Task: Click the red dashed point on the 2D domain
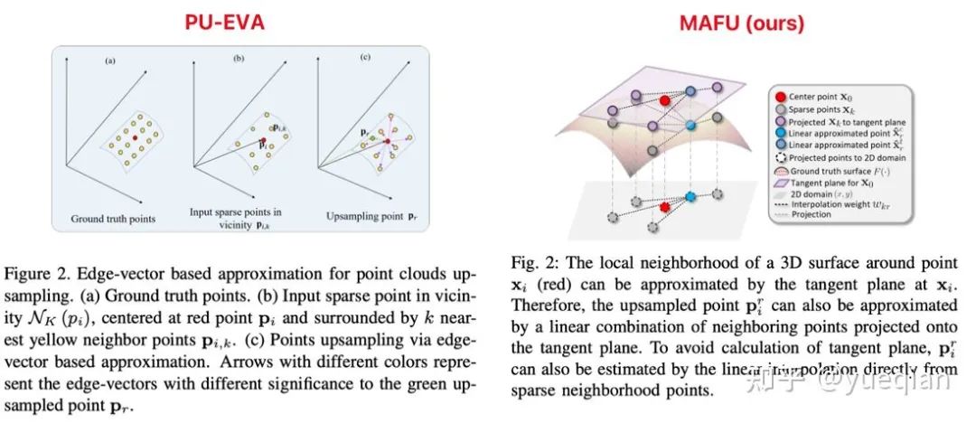coord(665,208)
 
